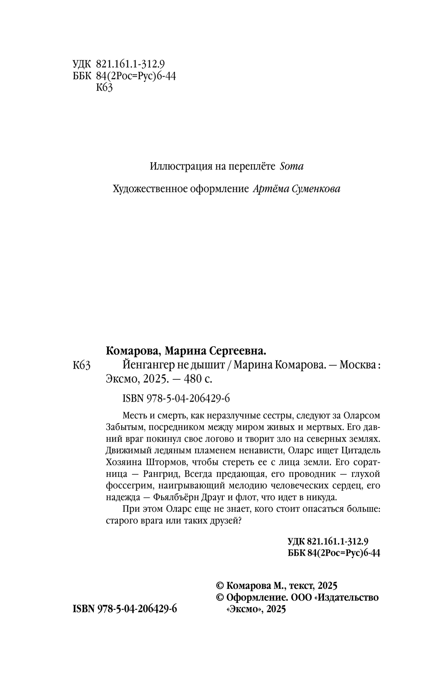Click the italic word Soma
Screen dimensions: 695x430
click(x=291, y=166)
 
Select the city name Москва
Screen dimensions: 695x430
click(x=358, y=366)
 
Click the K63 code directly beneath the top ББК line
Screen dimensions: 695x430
click(x=104, y=88)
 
